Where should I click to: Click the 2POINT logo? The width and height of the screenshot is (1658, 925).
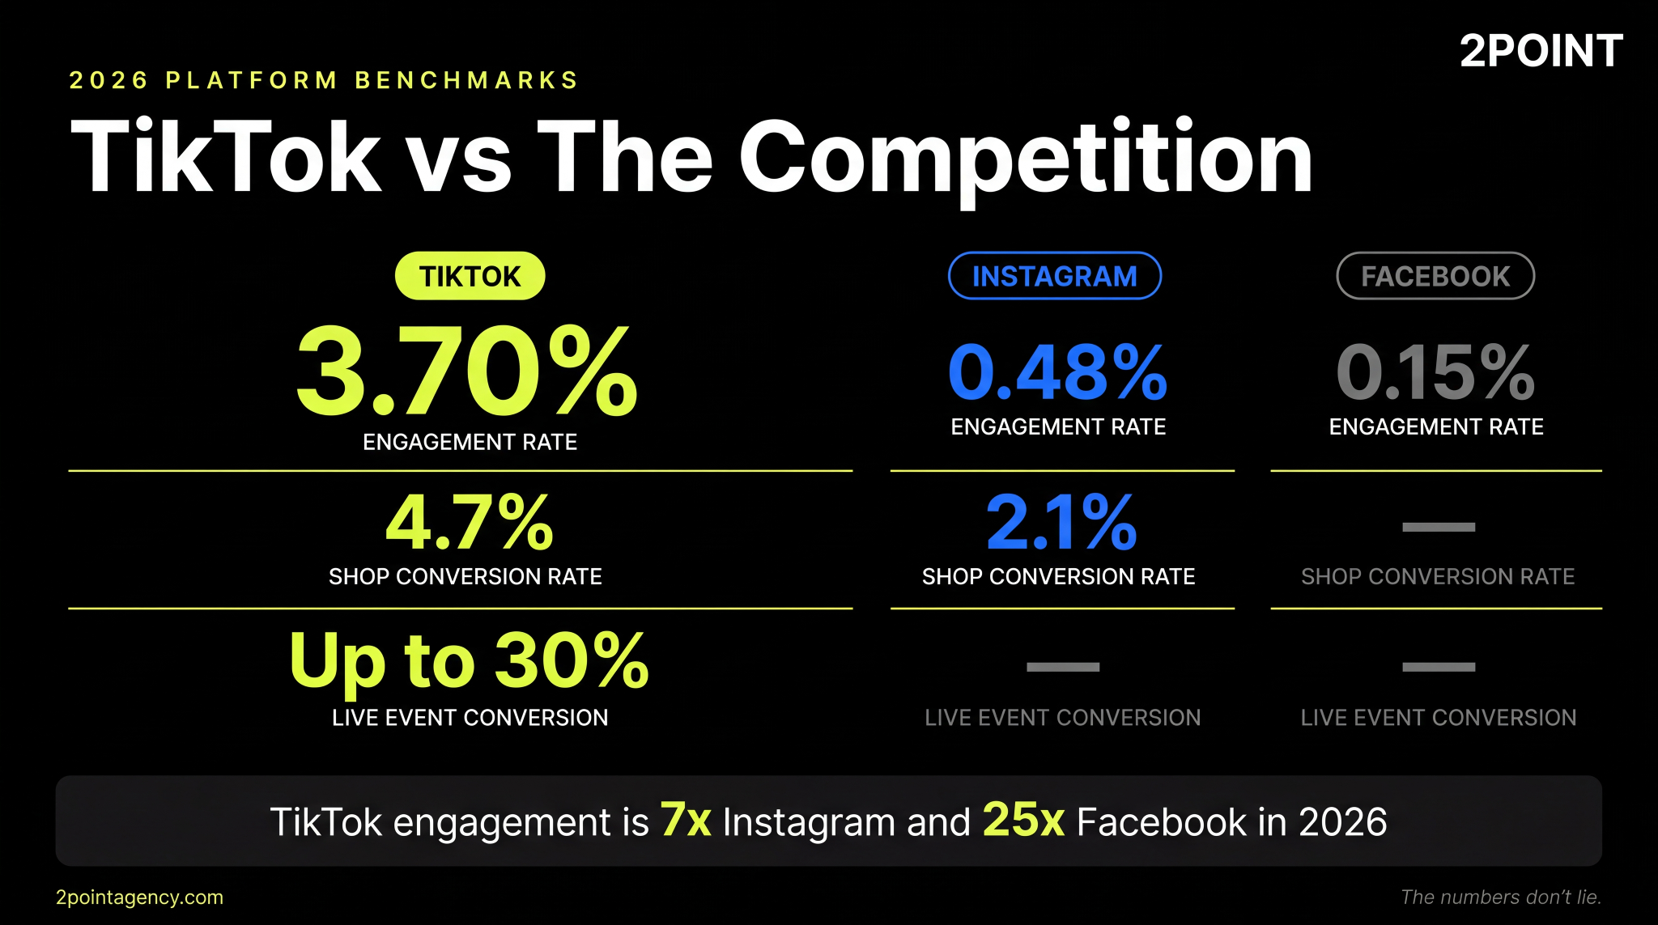click(x=1541, y=51)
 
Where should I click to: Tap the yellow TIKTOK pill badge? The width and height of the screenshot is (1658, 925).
click(x=470, y=276)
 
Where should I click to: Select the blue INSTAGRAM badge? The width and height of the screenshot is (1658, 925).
click(x=1054, y=276)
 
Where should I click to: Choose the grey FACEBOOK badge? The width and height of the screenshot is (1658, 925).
click(x=1435, y=276)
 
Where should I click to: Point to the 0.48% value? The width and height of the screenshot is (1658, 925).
click(x=1057, y=372)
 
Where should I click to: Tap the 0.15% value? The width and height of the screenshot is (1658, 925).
click(x=1435, y=372)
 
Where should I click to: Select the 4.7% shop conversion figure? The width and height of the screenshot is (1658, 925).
click(x=470, y=522)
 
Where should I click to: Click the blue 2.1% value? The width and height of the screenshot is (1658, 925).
click(x=1061, y=522)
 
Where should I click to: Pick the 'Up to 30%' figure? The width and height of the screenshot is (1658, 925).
click(x=469, y=660)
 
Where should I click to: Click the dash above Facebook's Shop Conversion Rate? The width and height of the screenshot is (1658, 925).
click(x=1438, y=527)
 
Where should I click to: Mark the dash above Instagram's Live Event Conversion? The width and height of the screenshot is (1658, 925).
click(x=1062, y=667)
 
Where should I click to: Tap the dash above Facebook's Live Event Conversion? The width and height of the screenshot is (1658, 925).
click(x=1438, y=667)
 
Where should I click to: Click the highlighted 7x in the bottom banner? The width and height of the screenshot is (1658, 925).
click(x=685, y=820)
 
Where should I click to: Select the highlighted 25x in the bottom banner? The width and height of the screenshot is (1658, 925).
click(x=1023, y=820)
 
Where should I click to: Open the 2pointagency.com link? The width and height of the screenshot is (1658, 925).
click(x=139, y=897)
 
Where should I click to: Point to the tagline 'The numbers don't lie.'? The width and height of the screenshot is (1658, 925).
click(x=1500, y=897)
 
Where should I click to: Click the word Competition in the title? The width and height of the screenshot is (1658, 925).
click(x=1025, y=158)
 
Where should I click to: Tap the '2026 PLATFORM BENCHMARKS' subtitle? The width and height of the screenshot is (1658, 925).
click(x=324, y=80)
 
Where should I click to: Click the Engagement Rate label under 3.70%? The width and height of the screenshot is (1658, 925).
click(x=470, y=442)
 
